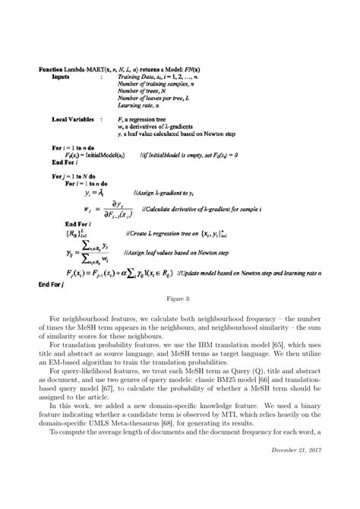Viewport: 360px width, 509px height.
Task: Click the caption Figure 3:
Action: [179, 300]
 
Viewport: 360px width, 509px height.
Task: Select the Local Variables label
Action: [73, 120]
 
